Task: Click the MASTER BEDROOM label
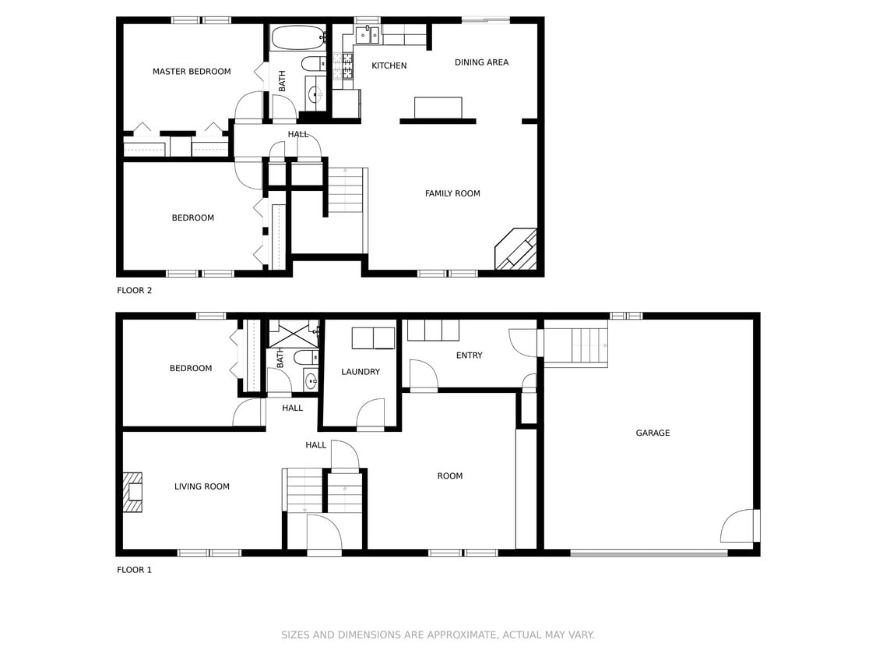tap(192, 72)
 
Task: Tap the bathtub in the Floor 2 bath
tap(297, 37)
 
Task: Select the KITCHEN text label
tap(389, 65)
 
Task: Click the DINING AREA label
tap(481, 62)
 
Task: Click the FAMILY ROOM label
tap(452, 193)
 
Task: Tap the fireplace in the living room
tap(133, 492)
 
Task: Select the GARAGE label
tap(653, 433)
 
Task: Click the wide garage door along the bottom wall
tap(649, 553)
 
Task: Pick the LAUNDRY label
tap(361, 372)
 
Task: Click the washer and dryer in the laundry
tap(373, 338)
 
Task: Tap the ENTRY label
tap(469, 356)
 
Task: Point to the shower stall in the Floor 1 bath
tap(293, 334)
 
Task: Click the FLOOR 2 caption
tap(135, 291)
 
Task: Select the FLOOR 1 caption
tap(135, 570)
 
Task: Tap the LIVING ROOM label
tap(202, 486)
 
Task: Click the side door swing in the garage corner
tap(738, 527)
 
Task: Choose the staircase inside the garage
tap(575, 346)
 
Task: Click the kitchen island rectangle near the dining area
tap(438, 108)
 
